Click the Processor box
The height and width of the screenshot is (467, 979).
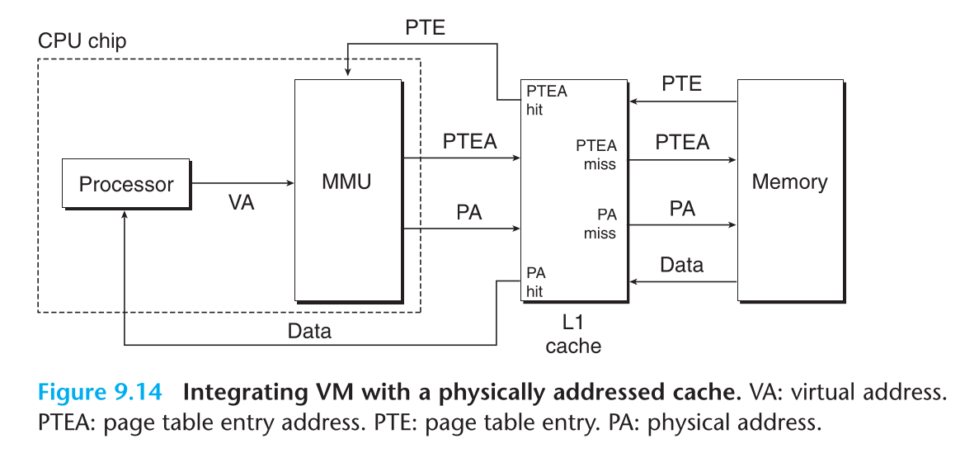(125, 183)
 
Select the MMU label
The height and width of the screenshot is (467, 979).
(346, 182)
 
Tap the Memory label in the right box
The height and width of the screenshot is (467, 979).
(789, 182)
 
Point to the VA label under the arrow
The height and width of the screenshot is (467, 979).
(242, 203)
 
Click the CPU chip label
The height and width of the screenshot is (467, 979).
(82, 41)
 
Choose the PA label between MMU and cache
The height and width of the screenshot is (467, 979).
(468, 212)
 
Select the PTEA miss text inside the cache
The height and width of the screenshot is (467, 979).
(596, 154)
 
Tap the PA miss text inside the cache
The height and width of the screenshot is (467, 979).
(600, 224)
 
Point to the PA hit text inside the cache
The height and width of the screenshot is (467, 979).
(534, 281)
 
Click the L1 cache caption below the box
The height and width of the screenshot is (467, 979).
(573, 334)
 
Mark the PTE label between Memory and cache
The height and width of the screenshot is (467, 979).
(682, 83)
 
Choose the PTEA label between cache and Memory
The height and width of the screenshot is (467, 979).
(682, 142)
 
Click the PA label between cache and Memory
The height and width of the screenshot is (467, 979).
(682, 208)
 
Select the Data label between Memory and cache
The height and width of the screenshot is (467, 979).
(682, 265)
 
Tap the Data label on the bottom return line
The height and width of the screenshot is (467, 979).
(309, 332)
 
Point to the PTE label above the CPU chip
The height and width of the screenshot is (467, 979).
(426, 27)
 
